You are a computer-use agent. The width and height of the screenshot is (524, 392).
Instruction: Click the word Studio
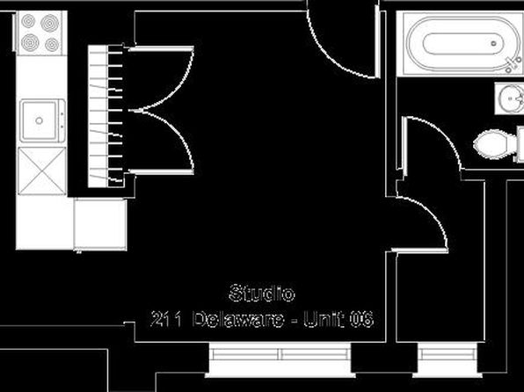[262, 293]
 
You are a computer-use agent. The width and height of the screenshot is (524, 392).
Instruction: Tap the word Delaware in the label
[238, 319]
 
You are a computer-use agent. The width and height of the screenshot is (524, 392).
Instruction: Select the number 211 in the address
[166, 319]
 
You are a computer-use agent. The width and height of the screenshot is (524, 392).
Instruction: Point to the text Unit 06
[338, 319]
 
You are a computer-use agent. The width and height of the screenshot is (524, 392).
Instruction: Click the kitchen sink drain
[39, 120]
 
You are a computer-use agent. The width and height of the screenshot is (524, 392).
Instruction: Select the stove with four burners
[40, 33]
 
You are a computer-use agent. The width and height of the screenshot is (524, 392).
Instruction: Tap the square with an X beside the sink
[42, 171]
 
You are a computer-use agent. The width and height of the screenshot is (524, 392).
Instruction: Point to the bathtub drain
[493, 44]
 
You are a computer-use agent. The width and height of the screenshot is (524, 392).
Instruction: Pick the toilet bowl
[491, 144]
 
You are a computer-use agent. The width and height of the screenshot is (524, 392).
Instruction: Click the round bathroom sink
[511, 98]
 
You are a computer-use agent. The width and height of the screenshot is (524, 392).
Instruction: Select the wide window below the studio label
[280, 359]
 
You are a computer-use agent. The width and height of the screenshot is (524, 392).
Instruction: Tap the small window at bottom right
[448, 359]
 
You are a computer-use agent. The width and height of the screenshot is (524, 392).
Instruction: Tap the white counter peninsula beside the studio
[100, 224]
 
